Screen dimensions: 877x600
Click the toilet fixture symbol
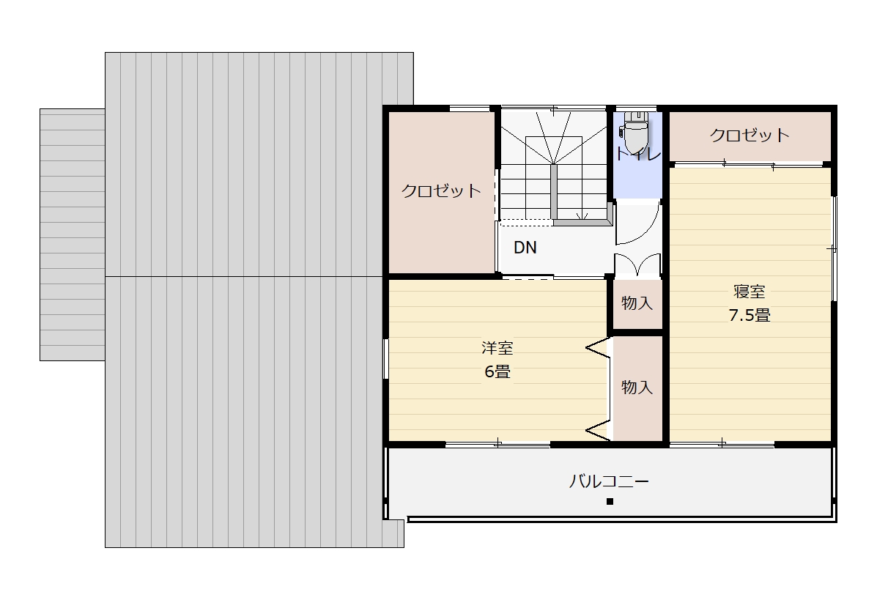(x=634, y=132)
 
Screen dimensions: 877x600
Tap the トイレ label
(x=637, y=155)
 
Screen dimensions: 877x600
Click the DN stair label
(x=525, y=247)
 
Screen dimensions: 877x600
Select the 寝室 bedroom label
(x=750, y=292)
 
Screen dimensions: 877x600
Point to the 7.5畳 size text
(x=750, y=315)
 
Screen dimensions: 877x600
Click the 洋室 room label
(x=497, y=348)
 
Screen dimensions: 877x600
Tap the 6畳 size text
(x=497, y=372)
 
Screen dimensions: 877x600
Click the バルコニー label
(x=609, y=481)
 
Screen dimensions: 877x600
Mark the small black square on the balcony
(x=610, y=502)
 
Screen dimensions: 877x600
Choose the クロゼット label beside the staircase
(x=441, y=190)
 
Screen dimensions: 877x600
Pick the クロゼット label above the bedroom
(x=750, y=135)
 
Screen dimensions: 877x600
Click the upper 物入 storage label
(x=637, y=303)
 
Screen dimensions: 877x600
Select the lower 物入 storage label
(x=637, y=387)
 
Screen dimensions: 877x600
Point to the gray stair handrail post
(x=554, y=192)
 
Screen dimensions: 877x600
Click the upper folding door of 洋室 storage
(x=599, y=348)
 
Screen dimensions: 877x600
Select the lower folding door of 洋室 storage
(x=599, y=430)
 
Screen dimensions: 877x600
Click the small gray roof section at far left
(x=72, y=235)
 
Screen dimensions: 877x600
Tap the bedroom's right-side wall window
(x=834, y=249)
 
